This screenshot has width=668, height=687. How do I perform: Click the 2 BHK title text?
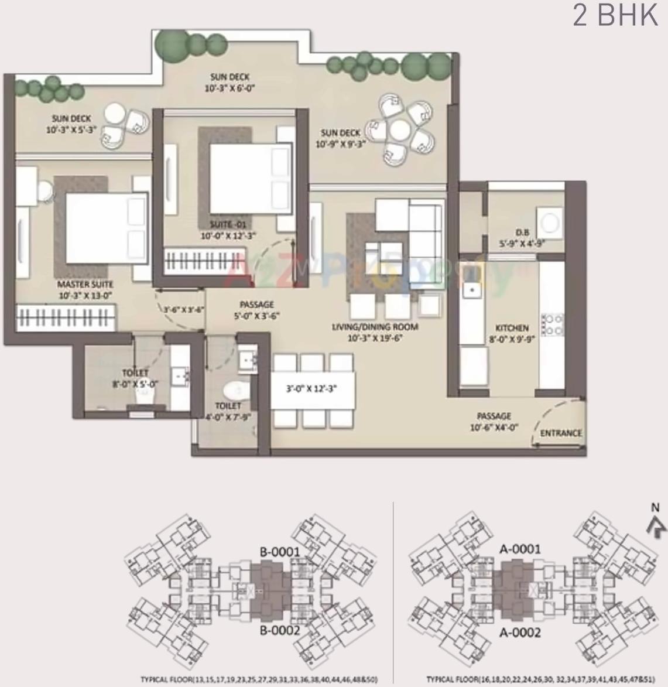pos(615,16)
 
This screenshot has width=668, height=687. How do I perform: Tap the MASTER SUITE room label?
pos(85,285)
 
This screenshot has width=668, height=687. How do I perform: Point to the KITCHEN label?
pos(512,328)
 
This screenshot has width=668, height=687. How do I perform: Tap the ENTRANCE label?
pos(561,433)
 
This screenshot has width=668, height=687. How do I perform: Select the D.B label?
pos(523,233)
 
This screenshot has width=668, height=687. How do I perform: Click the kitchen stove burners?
pos(553,325)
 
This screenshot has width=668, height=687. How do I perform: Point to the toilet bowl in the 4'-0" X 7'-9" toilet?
pos(236,389)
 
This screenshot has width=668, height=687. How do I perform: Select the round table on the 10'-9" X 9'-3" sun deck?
pos(399,129)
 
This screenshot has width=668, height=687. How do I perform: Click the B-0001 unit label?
pos(280,551)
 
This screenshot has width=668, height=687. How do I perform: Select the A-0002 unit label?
pos(520,633)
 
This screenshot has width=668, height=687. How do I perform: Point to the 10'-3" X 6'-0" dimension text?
pos(230,88)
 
